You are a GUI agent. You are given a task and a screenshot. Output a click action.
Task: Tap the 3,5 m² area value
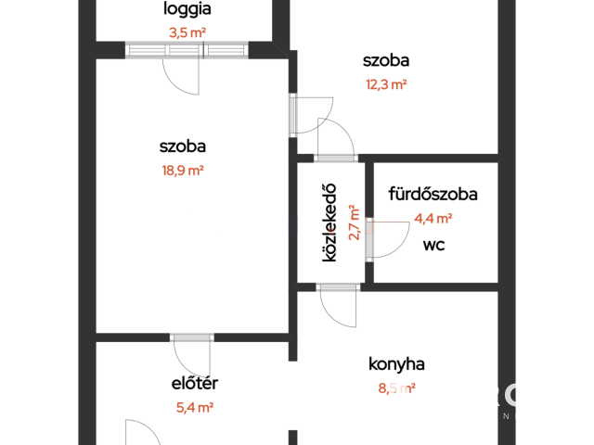pos(187,33)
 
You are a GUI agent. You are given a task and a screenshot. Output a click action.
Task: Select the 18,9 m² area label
pos(183,171)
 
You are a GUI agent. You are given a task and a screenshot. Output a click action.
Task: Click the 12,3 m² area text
pos(386,84)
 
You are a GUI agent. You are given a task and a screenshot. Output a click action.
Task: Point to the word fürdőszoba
pos(433,194)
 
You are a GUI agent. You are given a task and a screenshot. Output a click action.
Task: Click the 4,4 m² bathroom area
pos(433,219)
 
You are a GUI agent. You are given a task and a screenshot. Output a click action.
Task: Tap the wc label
pos(433,245)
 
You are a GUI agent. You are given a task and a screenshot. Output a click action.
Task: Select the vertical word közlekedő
pos(329,222)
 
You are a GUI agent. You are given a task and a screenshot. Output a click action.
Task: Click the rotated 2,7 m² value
pos(354,222)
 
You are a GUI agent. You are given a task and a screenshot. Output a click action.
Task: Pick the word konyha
pos(396,364)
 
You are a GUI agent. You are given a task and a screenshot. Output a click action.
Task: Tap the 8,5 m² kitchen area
pos(397,388)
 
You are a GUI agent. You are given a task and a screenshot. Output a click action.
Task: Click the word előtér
pos(195,383)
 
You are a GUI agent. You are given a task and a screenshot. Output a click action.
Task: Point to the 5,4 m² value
pos(195,408)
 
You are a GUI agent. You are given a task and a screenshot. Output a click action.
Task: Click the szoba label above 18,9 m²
pos(183,146)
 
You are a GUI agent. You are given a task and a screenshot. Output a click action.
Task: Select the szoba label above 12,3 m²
pos(386,60)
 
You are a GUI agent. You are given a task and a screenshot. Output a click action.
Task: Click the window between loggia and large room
pos(187,50)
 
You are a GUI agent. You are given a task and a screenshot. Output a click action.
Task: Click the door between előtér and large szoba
pos(192,356)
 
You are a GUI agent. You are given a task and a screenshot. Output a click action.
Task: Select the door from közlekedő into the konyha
pos(338,306)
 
